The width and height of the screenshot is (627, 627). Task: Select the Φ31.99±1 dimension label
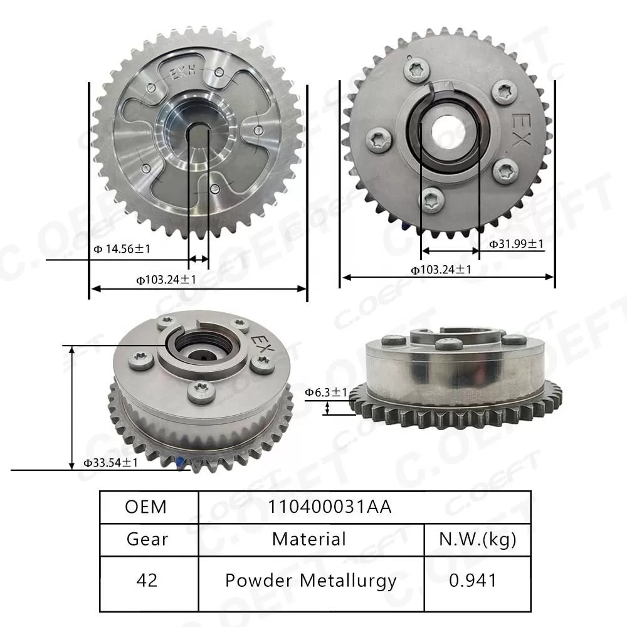pos(516,243)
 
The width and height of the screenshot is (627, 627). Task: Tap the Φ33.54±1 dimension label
pos(111,463)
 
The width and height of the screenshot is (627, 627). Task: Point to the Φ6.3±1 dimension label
pos(326,393)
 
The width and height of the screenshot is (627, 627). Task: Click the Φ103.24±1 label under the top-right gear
pos(441,270)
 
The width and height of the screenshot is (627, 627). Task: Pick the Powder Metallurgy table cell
pos(311,580)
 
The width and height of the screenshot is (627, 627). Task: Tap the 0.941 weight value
pos(473,580)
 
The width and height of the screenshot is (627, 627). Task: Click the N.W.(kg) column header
pos(478,539)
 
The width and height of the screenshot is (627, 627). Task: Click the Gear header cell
pos(147,539)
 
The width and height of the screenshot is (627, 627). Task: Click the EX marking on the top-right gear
pos(519,130)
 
